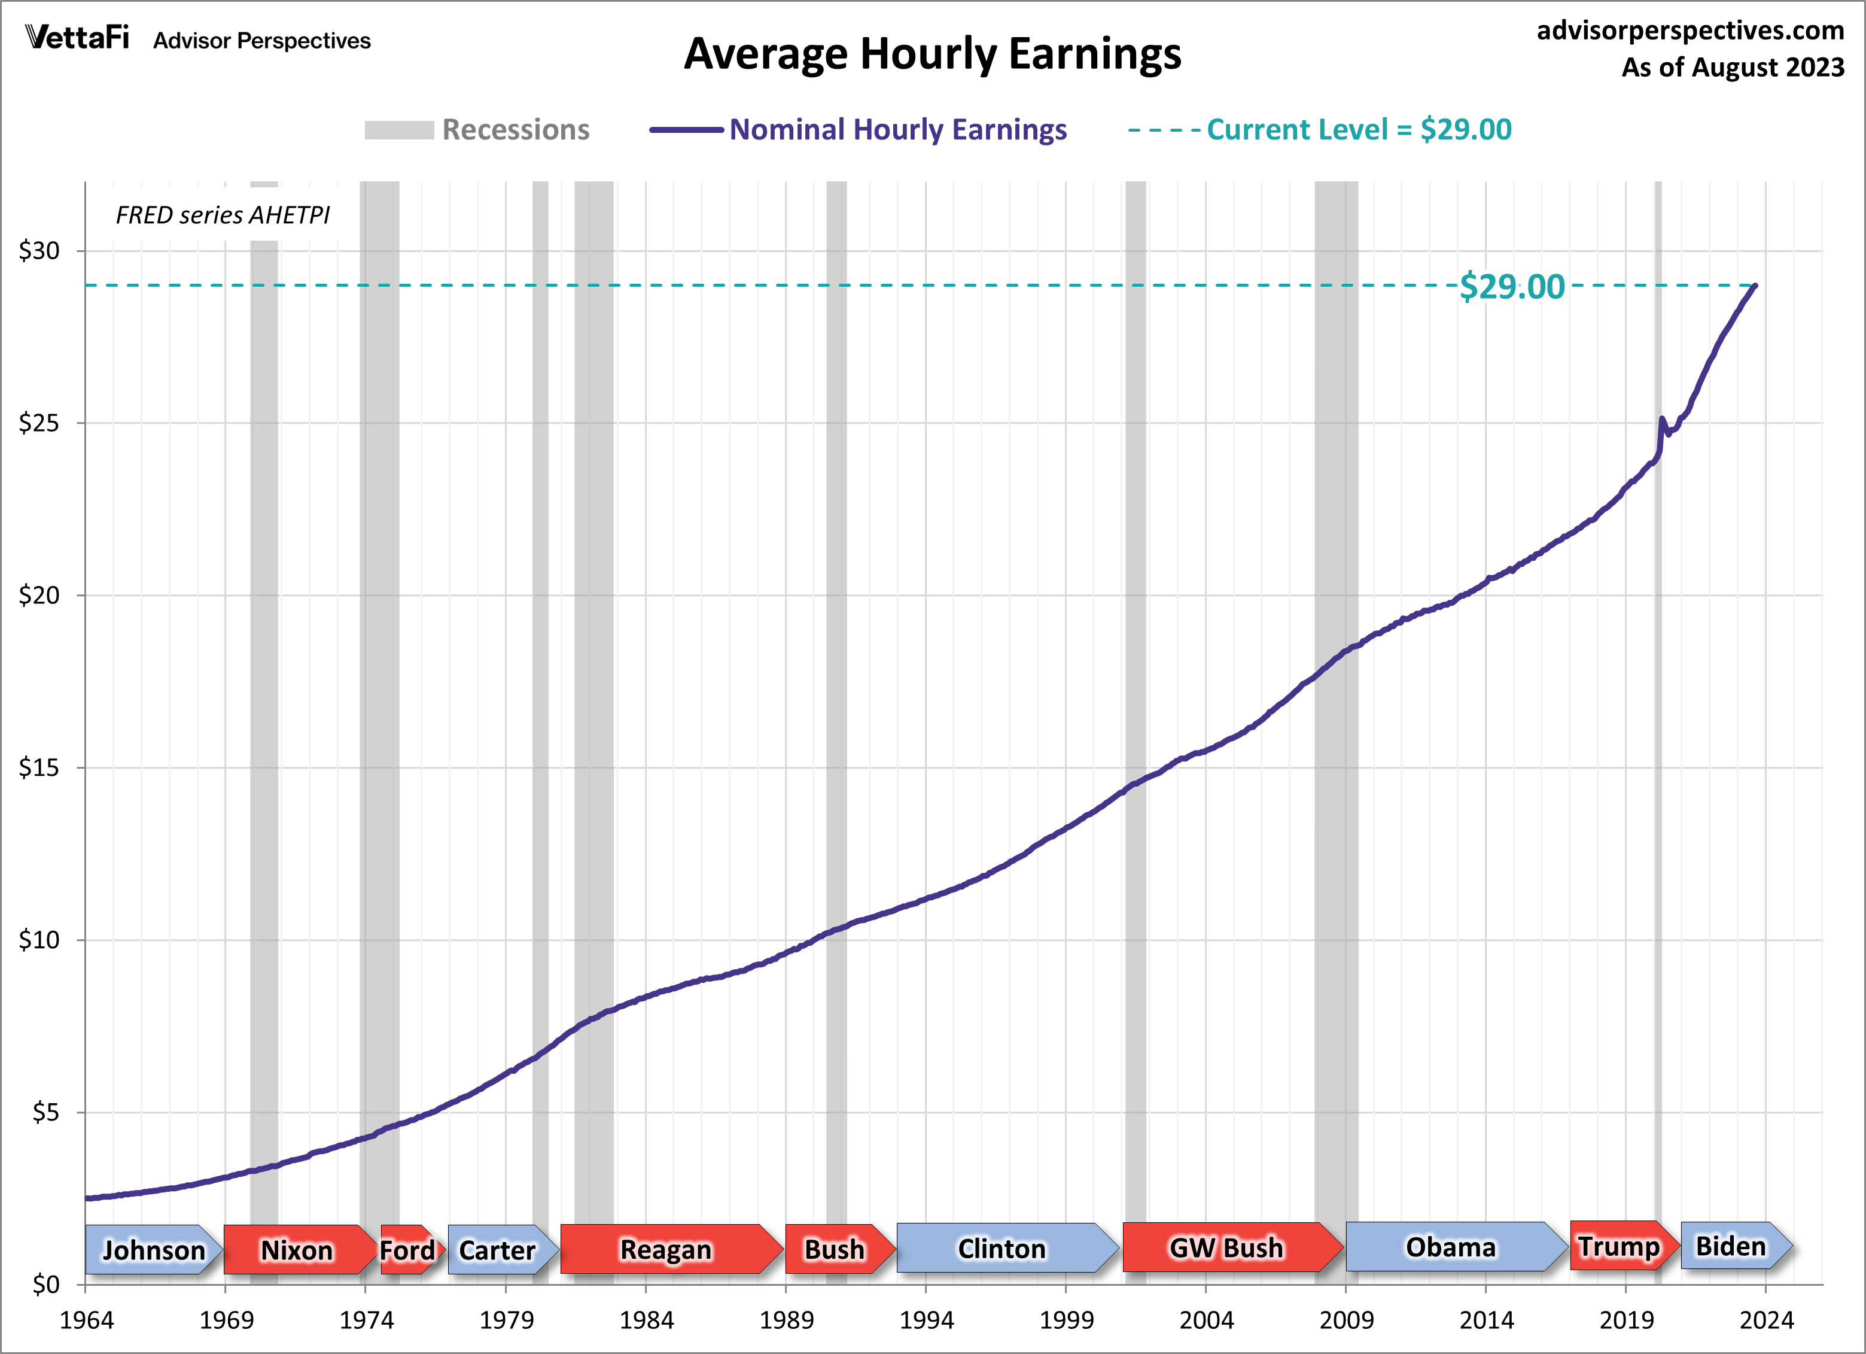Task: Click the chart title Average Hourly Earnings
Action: [x=932, y=54]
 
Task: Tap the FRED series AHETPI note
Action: [x=222, y=215]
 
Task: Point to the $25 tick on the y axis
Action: [x=39, y=423]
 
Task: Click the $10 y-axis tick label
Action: [x=39, y=940]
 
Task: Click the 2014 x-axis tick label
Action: [x=1486, y=1320]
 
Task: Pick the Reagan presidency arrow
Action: [x=666, y=1249]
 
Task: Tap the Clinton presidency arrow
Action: [x=1002, y=1249]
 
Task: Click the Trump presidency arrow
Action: [x=1619, y=1246]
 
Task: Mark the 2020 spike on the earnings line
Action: [x=1662, y=420]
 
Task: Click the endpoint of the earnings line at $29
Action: [x=1756, y=286]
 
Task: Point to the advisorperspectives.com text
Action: [x=1690, y=31]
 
